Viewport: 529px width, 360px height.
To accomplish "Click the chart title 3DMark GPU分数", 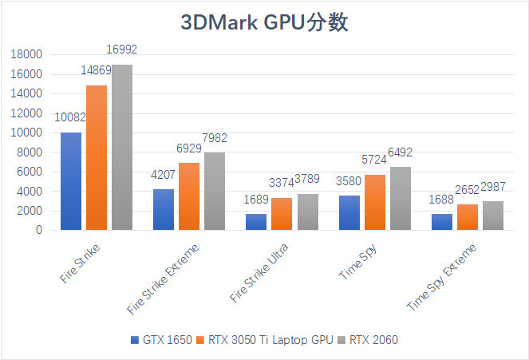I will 264,22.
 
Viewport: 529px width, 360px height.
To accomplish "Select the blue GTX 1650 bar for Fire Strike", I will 70,181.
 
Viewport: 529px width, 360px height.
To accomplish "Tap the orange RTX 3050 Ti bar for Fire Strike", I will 96,158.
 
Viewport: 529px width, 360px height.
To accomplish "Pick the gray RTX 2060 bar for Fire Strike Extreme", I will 214,191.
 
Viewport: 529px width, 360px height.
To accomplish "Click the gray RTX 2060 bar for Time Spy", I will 400,198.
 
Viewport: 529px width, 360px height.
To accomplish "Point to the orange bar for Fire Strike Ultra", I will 282,214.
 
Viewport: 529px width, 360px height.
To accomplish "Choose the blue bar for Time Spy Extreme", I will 442,222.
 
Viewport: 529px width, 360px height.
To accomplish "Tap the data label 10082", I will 70,117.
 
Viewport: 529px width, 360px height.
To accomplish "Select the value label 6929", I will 189,148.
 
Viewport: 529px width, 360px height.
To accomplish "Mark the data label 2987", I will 492,186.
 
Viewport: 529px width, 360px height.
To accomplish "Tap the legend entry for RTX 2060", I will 368,340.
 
